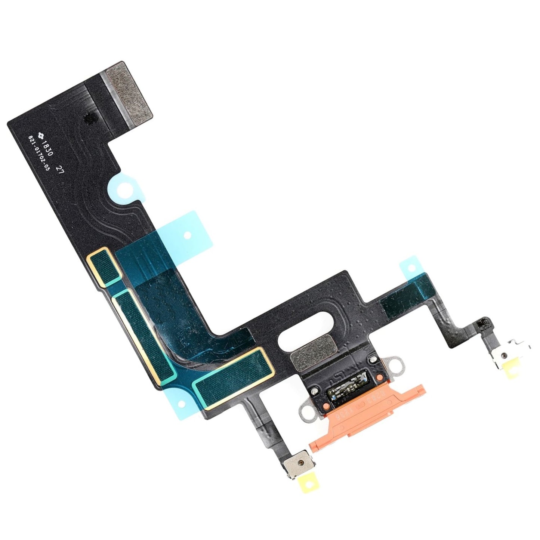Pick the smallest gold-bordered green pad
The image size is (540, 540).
click(x=104, y=265)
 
